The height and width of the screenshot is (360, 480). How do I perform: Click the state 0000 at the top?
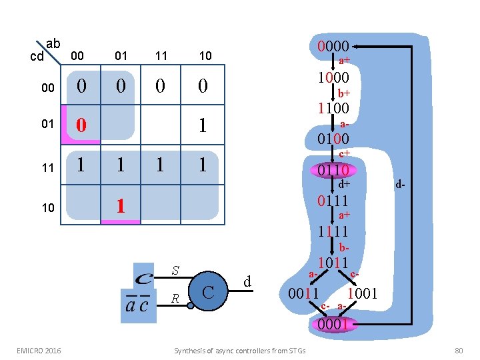click(333, 47)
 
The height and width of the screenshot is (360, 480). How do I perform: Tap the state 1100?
click(333, 108)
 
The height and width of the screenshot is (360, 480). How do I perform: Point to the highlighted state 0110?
click(333, 170)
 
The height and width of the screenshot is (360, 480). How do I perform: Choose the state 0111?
click(333, 201)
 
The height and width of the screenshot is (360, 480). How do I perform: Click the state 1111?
click(333, 232)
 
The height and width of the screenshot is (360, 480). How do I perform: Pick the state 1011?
click(333, 263)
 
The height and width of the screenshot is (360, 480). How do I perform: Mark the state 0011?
click(303, 293)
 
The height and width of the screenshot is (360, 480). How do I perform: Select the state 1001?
click(363, 293)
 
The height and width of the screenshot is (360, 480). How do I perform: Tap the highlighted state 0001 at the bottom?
click(333, 324)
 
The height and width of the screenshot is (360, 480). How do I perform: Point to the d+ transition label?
click(344, 184)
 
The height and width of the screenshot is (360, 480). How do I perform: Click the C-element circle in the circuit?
click(208, 291)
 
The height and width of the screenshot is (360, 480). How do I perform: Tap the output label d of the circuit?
click(247, 283)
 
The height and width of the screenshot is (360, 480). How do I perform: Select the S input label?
click(175, 271)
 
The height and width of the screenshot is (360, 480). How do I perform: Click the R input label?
click(175, 298)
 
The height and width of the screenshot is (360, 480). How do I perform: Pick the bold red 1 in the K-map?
click(120, 205)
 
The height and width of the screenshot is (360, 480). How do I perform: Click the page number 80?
click(458, 350)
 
